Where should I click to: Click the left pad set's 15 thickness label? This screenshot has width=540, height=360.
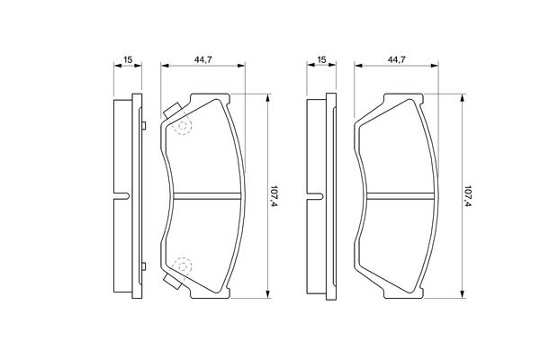[128, 59]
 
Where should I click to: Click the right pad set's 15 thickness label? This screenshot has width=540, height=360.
[321, 59]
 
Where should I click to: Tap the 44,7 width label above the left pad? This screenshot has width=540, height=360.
[203, 59]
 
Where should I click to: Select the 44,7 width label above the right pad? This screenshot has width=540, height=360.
[397, 59]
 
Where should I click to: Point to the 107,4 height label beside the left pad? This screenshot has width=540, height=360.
[274, 196]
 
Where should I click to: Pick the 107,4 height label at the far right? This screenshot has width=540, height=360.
[467, 196]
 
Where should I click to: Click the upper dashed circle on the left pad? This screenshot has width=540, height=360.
[183, 126]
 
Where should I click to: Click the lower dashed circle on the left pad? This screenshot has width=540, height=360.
[183, 266]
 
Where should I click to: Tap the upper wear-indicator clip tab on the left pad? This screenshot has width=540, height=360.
[173, 111]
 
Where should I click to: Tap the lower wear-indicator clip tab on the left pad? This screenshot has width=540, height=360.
[173, 282]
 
